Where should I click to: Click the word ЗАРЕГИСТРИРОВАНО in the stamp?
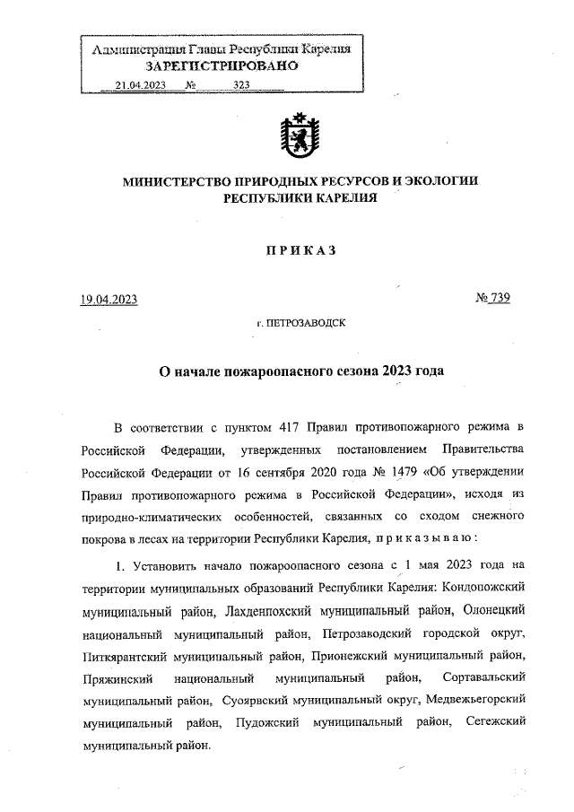click(x=222, y=66)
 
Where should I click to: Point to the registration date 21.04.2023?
click(x=141, y=85)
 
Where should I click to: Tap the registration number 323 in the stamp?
click(x=241, y=85)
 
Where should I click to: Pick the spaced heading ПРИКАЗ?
click(x=300, y=251)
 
